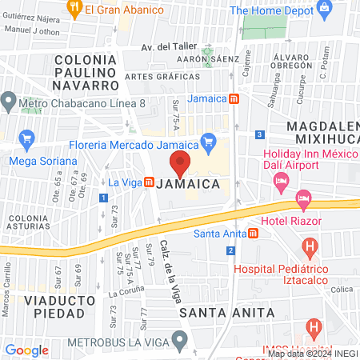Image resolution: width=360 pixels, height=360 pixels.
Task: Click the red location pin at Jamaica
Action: pos(181,163)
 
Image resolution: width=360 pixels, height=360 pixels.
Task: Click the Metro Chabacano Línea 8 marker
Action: pos(10,102)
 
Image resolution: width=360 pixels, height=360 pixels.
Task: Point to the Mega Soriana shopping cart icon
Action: pos(26,139)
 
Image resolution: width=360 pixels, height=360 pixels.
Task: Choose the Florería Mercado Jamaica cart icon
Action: pos(209,143)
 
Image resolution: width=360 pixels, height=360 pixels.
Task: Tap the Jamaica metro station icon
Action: pos(234,99)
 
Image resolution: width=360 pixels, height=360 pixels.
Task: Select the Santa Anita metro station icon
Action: pos(253,234)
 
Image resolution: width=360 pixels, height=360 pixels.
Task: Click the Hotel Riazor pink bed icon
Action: pos(303,198)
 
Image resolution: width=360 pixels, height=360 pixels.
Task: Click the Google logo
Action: pos(26,350)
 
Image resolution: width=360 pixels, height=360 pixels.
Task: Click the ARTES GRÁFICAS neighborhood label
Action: pos(162,77)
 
